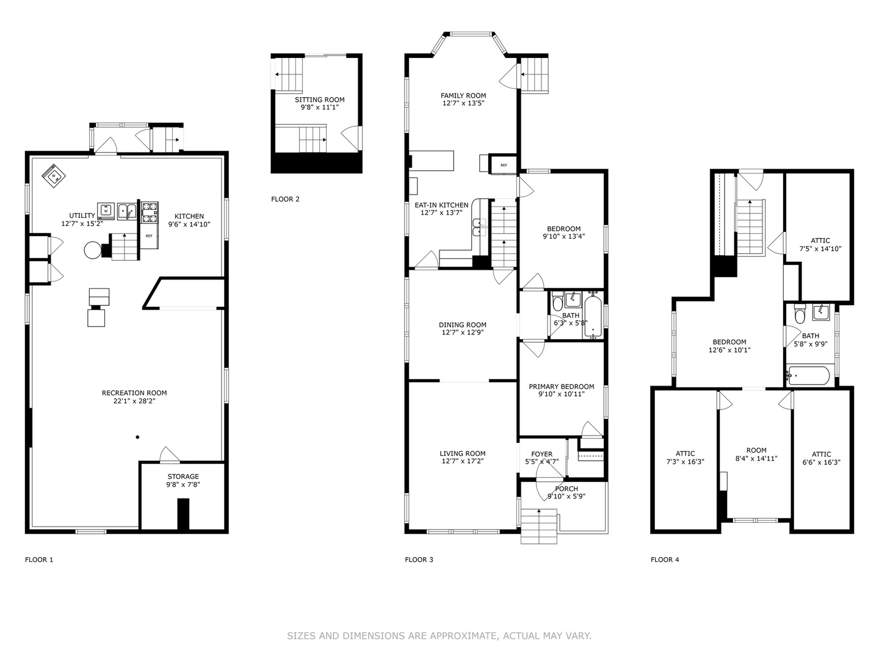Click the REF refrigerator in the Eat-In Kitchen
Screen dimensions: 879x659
pos(504,165)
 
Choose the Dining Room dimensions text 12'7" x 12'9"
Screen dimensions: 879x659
pos(463,333)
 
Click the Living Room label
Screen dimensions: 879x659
pos(463,453)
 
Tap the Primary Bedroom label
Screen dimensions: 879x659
pos(562,386)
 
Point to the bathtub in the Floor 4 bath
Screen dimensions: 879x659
pos(808,375)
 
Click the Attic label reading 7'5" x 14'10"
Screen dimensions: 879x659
pos(820,245)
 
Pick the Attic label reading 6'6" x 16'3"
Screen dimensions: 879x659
pos(821,458)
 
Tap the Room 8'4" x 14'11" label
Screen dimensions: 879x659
pos(756,454)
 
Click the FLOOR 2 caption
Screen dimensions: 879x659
pos(285,199)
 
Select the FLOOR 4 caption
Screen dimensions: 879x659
pos(665,560)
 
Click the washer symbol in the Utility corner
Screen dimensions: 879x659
pos(54,176)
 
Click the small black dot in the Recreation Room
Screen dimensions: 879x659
pos(137,437)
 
